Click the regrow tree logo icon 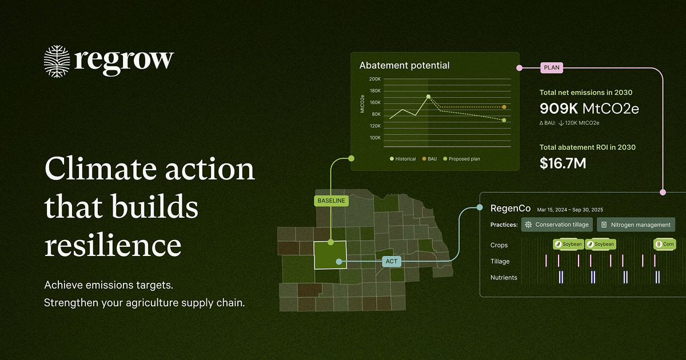[57, 61]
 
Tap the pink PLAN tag [552, 67]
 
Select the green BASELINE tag [331, 201]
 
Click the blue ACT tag [392, 262]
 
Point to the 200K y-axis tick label [375, 79]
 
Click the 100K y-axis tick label [375, 138]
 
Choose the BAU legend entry [429, 159]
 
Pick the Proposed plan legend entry [461, 159]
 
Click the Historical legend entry [402, 159]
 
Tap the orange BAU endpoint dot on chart [504, 107]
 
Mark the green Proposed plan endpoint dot [504, 121]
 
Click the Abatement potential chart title [404, 66]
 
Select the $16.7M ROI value [563, 163]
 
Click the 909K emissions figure [559, 109]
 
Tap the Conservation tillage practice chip [557, 225]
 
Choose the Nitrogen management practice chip [636, 225]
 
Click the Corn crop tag [664, 245]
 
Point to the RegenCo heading [510, 209]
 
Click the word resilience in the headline [113, 245]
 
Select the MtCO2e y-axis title [362, 104]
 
